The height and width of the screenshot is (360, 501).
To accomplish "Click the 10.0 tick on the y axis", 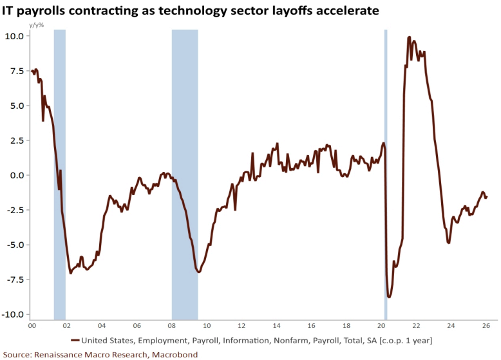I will click(15, 36).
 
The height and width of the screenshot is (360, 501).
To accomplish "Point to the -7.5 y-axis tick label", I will click(15, 280).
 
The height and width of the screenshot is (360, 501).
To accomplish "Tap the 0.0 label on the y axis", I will click(17, 175).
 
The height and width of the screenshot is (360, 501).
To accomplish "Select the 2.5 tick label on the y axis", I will click(17, 140).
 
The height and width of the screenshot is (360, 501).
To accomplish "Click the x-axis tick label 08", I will click(172, 326).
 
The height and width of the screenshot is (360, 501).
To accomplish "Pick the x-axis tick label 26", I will click(487, 326).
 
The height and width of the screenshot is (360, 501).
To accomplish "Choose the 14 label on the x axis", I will click(276, 326).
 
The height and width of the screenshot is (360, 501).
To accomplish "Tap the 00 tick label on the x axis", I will click(32, 326).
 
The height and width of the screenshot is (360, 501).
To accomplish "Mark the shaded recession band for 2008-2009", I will click(185, 174).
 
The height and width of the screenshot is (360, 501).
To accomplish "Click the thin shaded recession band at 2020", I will click(385, 174).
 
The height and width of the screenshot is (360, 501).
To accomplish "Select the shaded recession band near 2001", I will click(59, 174).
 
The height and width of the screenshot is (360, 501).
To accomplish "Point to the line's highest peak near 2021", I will click(410, 37).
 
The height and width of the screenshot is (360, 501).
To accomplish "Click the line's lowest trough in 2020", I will click(389, 297).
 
